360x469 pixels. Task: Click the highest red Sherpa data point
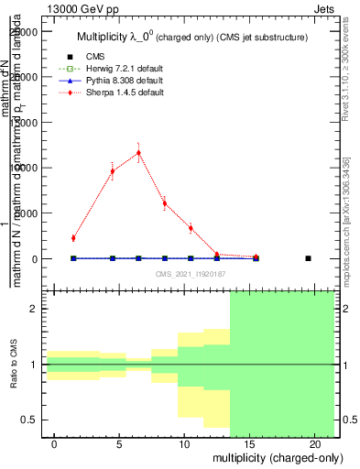[138, 153]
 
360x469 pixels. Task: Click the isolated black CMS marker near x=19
[308, 258]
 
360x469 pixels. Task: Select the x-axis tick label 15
[249, 443]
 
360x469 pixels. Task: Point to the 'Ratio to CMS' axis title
[13, 365]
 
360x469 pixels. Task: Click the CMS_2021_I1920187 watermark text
[191, 274]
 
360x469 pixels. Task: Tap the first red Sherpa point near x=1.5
[73, 238]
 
